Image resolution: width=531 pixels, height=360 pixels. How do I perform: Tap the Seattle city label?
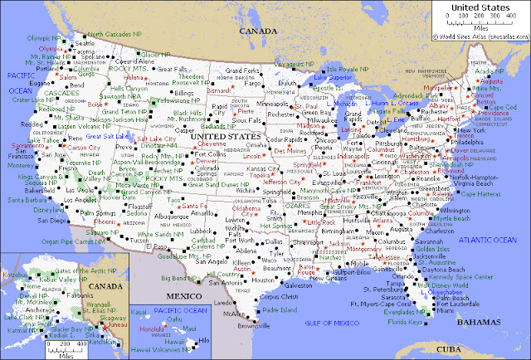84,42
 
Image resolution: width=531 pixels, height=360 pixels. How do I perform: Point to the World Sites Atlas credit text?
485,36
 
